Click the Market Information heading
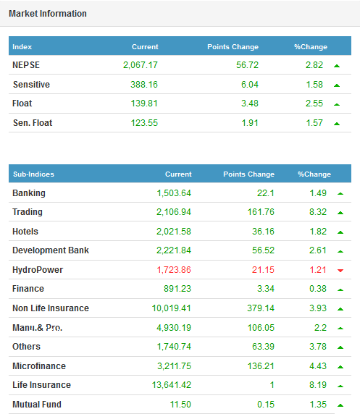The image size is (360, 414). (48, 14)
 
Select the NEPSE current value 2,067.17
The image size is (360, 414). (141, 65)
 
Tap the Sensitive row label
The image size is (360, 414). (31, 85)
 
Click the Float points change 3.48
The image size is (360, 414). (250, 103)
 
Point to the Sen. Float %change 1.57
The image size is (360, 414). (314, 123)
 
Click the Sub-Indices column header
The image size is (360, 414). (33, 174)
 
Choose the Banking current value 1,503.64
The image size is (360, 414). (174, 193)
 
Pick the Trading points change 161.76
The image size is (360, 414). (261, 212)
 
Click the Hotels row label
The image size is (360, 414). (25, 232)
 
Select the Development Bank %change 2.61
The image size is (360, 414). (318, 250)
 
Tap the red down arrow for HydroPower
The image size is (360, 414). (340, 271)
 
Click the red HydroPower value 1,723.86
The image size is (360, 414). (174, 270)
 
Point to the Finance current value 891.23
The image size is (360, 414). (177, 289)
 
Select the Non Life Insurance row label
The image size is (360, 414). (51, 308)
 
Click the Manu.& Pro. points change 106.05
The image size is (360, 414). (261, 328)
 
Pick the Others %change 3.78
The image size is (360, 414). (318, 347)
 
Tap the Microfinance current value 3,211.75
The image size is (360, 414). (174, 366)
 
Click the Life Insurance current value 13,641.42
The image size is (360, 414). (171, 385)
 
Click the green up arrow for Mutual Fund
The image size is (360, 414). (340, 405)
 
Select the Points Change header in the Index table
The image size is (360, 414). (233, 47)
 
